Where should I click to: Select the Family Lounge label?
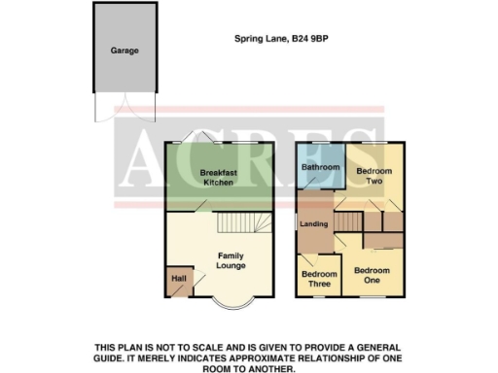pyautogui.click(x=230, y=260)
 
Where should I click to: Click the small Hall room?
pyautogui.click(x=178, y=280)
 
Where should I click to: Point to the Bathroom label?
pyautogui.click(x=319, y=167)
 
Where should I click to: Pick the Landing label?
pyautogui.click(x=314, y=225)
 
